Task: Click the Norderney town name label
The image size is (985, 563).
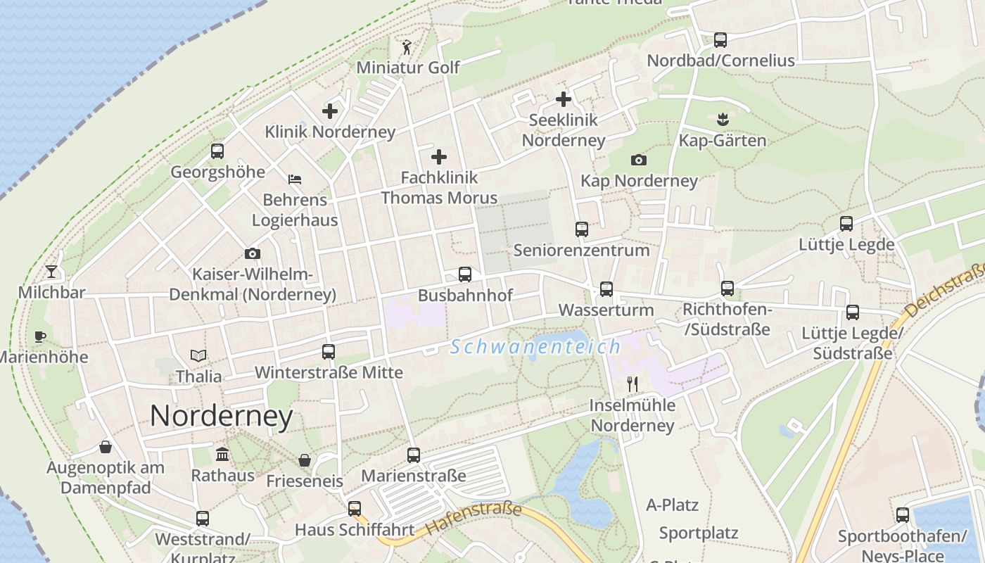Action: pos(221,417)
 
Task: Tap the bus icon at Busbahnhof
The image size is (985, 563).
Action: pos(464,274)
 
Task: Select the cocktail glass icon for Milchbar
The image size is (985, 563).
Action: pos(51,272)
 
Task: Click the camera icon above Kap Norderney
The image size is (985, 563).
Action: pos(638,160)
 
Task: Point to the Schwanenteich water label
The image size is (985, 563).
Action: pos(535,347)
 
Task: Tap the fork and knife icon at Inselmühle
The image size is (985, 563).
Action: pos(633,384)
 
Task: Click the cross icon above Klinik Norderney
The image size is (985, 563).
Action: pos(330,111)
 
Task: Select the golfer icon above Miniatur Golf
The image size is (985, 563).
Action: pos(407,48)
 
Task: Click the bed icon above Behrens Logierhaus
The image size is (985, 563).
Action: pos(295,179)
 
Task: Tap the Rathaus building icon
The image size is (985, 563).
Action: pos(223,454)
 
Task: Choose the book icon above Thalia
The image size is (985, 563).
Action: pos(198,356)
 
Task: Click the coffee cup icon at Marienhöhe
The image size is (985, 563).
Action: pos(40,336)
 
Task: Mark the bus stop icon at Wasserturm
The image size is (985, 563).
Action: pos(606,289)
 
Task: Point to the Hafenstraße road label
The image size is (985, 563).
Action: pos(474,518)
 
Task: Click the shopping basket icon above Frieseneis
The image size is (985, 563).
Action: pos(305,460)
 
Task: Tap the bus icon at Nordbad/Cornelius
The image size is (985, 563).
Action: pos(720,40)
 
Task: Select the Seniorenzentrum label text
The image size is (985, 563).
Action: pos(581,250)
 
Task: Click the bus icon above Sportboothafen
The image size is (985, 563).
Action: pos(903,515)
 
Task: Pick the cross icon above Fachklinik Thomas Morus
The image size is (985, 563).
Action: pos(439,156)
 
